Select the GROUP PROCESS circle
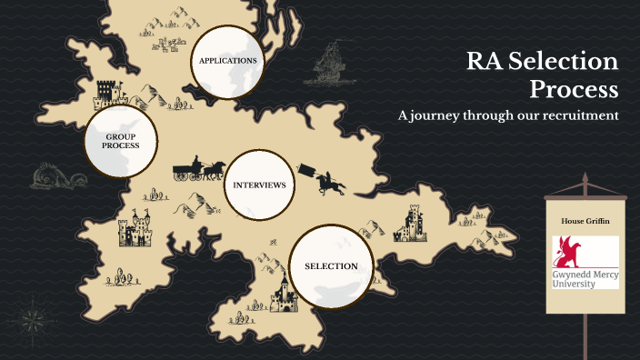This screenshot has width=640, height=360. pos(120,140)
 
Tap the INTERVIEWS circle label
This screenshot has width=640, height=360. pos(259,185)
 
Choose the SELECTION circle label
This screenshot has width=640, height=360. pos(331,266)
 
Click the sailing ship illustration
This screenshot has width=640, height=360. pos(331,68)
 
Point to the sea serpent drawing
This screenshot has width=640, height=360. pos(50,177)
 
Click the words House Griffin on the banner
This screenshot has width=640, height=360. pos(585,221)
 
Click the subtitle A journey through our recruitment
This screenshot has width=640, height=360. pos(508,116)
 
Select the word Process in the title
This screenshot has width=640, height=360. pos(574,90)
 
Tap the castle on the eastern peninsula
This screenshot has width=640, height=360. pos(411,223)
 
